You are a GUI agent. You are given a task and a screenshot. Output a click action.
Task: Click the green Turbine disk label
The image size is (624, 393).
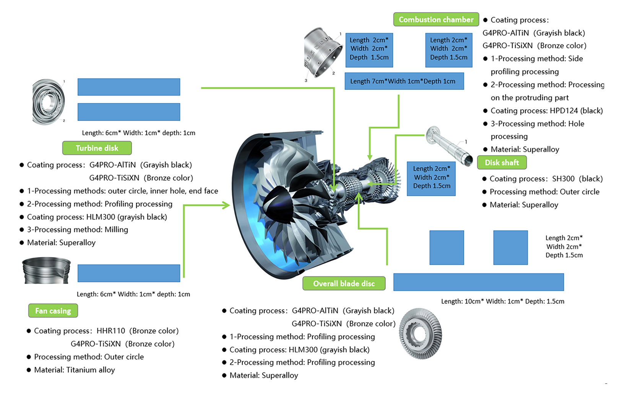[x=97, y=148]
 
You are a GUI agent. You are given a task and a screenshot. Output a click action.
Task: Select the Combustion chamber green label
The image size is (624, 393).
[x=436, y=19]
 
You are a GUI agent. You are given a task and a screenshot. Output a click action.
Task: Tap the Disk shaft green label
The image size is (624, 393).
[x=502, y=162]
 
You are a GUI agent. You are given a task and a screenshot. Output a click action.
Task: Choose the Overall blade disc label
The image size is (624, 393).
[x=344, y=283]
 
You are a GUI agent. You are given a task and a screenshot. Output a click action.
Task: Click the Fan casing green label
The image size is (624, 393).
[x=53, y=311]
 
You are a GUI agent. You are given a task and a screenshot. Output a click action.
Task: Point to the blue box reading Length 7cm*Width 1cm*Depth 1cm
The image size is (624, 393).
[x=404, y=81]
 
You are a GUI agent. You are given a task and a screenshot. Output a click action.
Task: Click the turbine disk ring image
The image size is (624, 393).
[x=48, y=102]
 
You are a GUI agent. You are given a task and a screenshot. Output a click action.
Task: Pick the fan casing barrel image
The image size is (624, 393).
[x=46, y=270]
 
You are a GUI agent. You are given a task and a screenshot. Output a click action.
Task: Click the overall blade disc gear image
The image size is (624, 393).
[x=420, y=334]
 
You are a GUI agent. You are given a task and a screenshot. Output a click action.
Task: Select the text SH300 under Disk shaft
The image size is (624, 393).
[x=563, y=179]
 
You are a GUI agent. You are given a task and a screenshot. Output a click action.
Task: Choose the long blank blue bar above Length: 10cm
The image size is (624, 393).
[x=478, y=282]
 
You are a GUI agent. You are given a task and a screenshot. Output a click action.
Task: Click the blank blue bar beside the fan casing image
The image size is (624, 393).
[x=128, y=273]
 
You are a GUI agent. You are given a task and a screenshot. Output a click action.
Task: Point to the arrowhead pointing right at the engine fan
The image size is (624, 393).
[x=226, y=205]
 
